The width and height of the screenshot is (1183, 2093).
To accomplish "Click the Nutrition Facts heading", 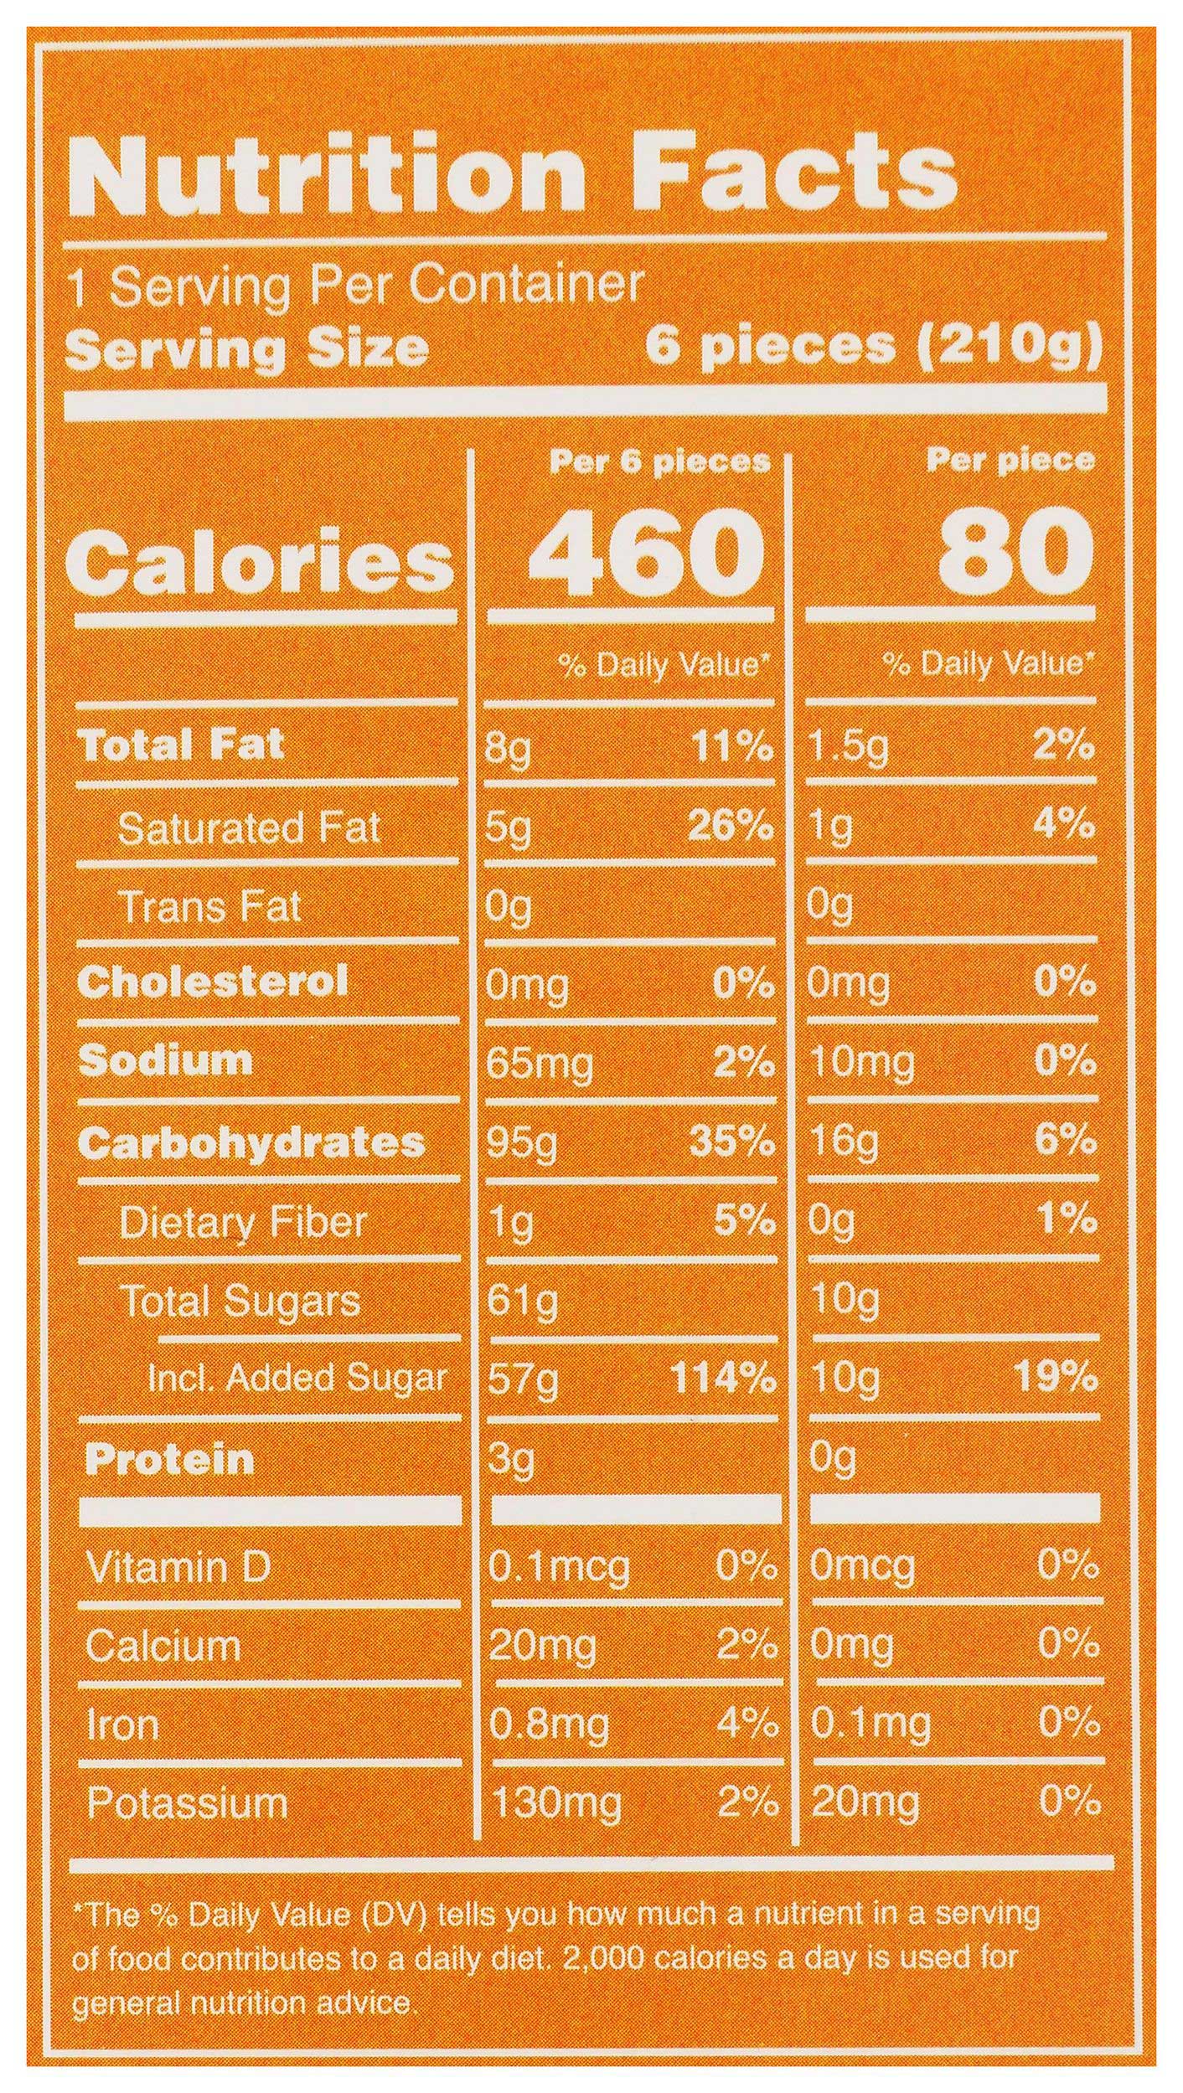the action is click(523, 173).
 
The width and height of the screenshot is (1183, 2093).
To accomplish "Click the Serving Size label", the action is click(248, 349).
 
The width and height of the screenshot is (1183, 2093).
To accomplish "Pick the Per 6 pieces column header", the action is click(659, 461).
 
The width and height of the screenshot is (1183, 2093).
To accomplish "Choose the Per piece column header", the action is click(1010, 461).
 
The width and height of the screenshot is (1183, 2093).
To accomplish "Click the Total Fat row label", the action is click(181, 744).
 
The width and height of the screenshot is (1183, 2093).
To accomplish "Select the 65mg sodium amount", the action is click(539, 1062).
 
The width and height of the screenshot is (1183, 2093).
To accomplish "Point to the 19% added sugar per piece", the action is click(1056, 1376).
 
